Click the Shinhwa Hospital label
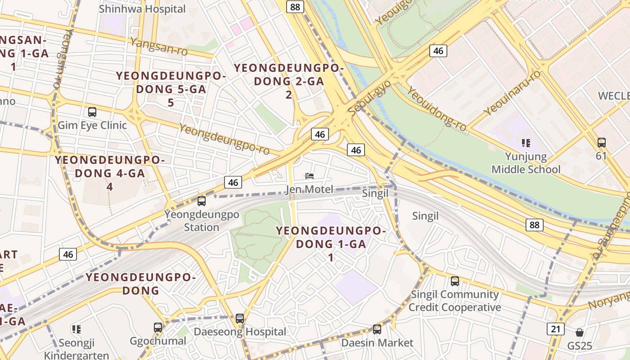pos(142,9)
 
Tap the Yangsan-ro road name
pos(158,47)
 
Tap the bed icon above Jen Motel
pos(310,176)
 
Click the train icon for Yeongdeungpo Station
pos(202,201)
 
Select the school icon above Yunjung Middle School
pos(526,143)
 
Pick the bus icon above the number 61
pos(601,143)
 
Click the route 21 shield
pos(556,329)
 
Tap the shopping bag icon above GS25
pos(580,333)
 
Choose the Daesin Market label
pos(377,343)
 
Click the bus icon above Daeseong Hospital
pos(240,319)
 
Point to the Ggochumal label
pos(157,341)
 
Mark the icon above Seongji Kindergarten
pos(76,329)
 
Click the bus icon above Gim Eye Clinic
pos(92,112)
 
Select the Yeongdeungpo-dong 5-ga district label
pos(171,89)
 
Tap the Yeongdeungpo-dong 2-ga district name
pos(288,81)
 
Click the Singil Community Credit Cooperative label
pos(454,301)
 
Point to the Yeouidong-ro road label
pos(436,109)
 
